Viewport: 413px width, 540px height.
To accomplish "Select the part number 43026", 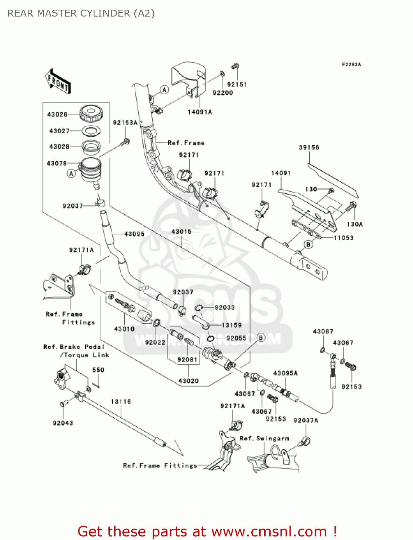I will pos(57,114).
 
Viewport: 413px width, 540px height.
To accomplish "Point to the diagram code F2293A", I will pos(351,64).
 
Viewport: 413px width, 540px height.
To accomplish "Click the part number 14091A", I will pos(200,112).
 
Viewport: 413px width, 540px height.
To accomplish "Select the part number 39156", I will pos(309,148).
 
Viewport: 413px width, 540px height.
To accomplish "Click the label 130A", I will pos(355,224).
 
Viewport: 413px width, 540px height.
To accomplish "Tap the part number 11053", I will pos(343,238).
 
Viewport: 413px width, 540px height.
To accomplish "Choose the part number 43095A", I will pos(285,373).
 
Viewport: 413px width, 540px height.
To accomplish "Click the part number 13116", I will pos(121,402).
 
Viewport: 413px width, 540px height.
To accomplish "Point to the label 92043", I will pos(63,423).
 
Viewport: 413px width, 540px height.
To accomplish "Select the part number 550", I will pos(98,370).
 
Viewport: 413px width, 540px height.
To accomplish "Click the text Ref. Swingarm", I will pos(264,438).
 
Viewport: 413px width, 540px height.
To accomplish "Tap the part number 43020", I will pos(188,381).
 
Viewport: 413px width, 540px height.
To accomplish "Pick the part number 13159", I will pos(231,325).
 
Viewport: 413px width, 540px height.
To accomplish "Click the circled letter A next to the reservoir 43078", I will pos(71,174).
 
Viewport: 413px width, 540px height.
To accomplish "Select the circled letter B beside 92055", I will pos(261,338).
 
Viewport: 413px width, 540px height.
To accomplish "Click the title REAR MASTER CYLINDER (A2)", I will pos(81,13).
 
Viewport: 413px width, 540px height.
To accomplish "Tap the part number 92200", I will pos(223,93).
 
